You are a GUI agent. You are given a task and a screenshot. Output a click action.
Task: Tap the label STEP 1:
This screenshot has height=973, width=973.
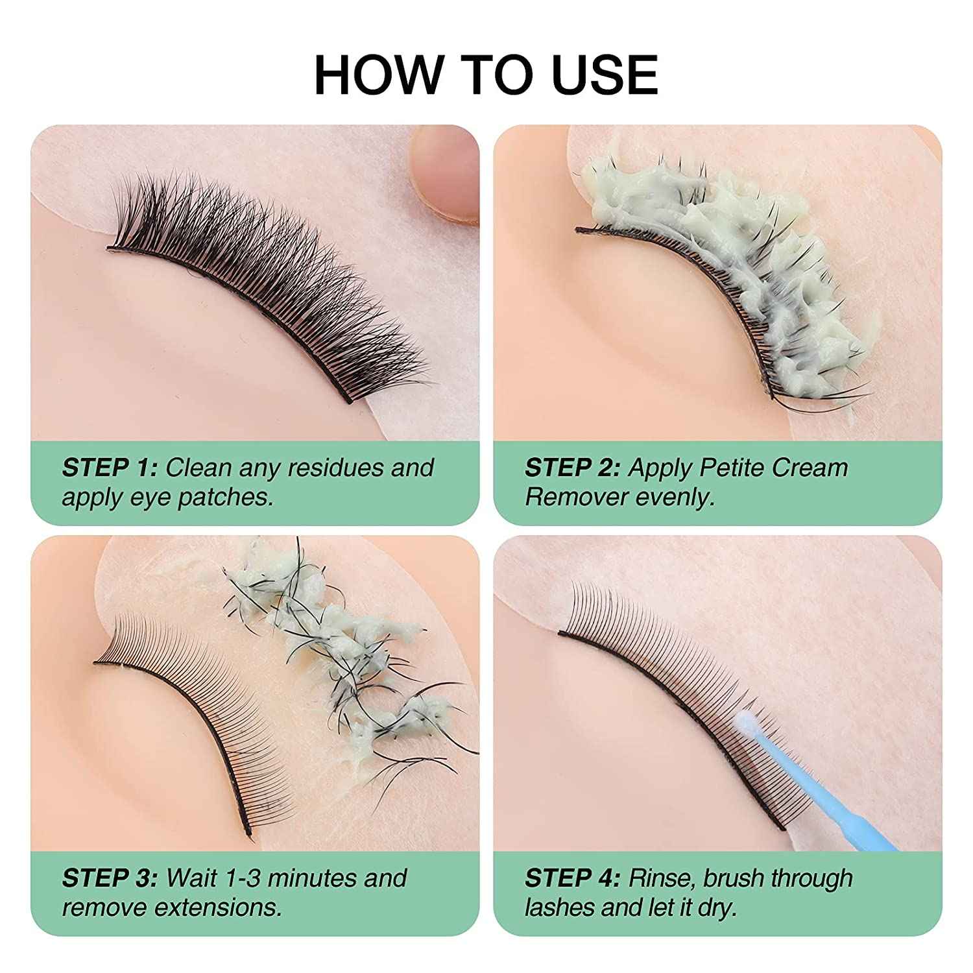point(110,468)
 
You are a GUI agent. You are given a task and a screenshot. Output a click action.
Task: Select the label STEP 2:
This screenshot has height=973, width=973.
point(573,468)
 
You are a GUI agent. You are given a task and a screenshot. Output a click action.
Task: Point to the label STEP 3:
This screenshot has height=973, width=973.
point(110,878)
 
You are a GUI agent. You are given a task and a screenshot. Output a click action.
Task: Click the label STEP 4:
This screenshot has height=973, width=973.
point(573,878)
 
